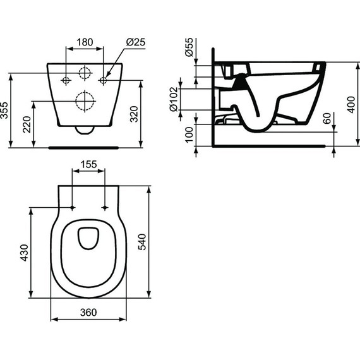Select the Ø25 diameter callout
135,42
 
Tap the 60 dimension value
326,119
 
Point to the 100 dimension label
189,135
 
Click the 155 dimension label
88,164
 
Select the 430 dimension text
25,252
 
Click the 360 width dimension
88,312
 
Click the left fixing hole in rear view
65,81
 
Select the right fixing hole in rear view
104,81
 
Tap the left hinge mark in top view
73,208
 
